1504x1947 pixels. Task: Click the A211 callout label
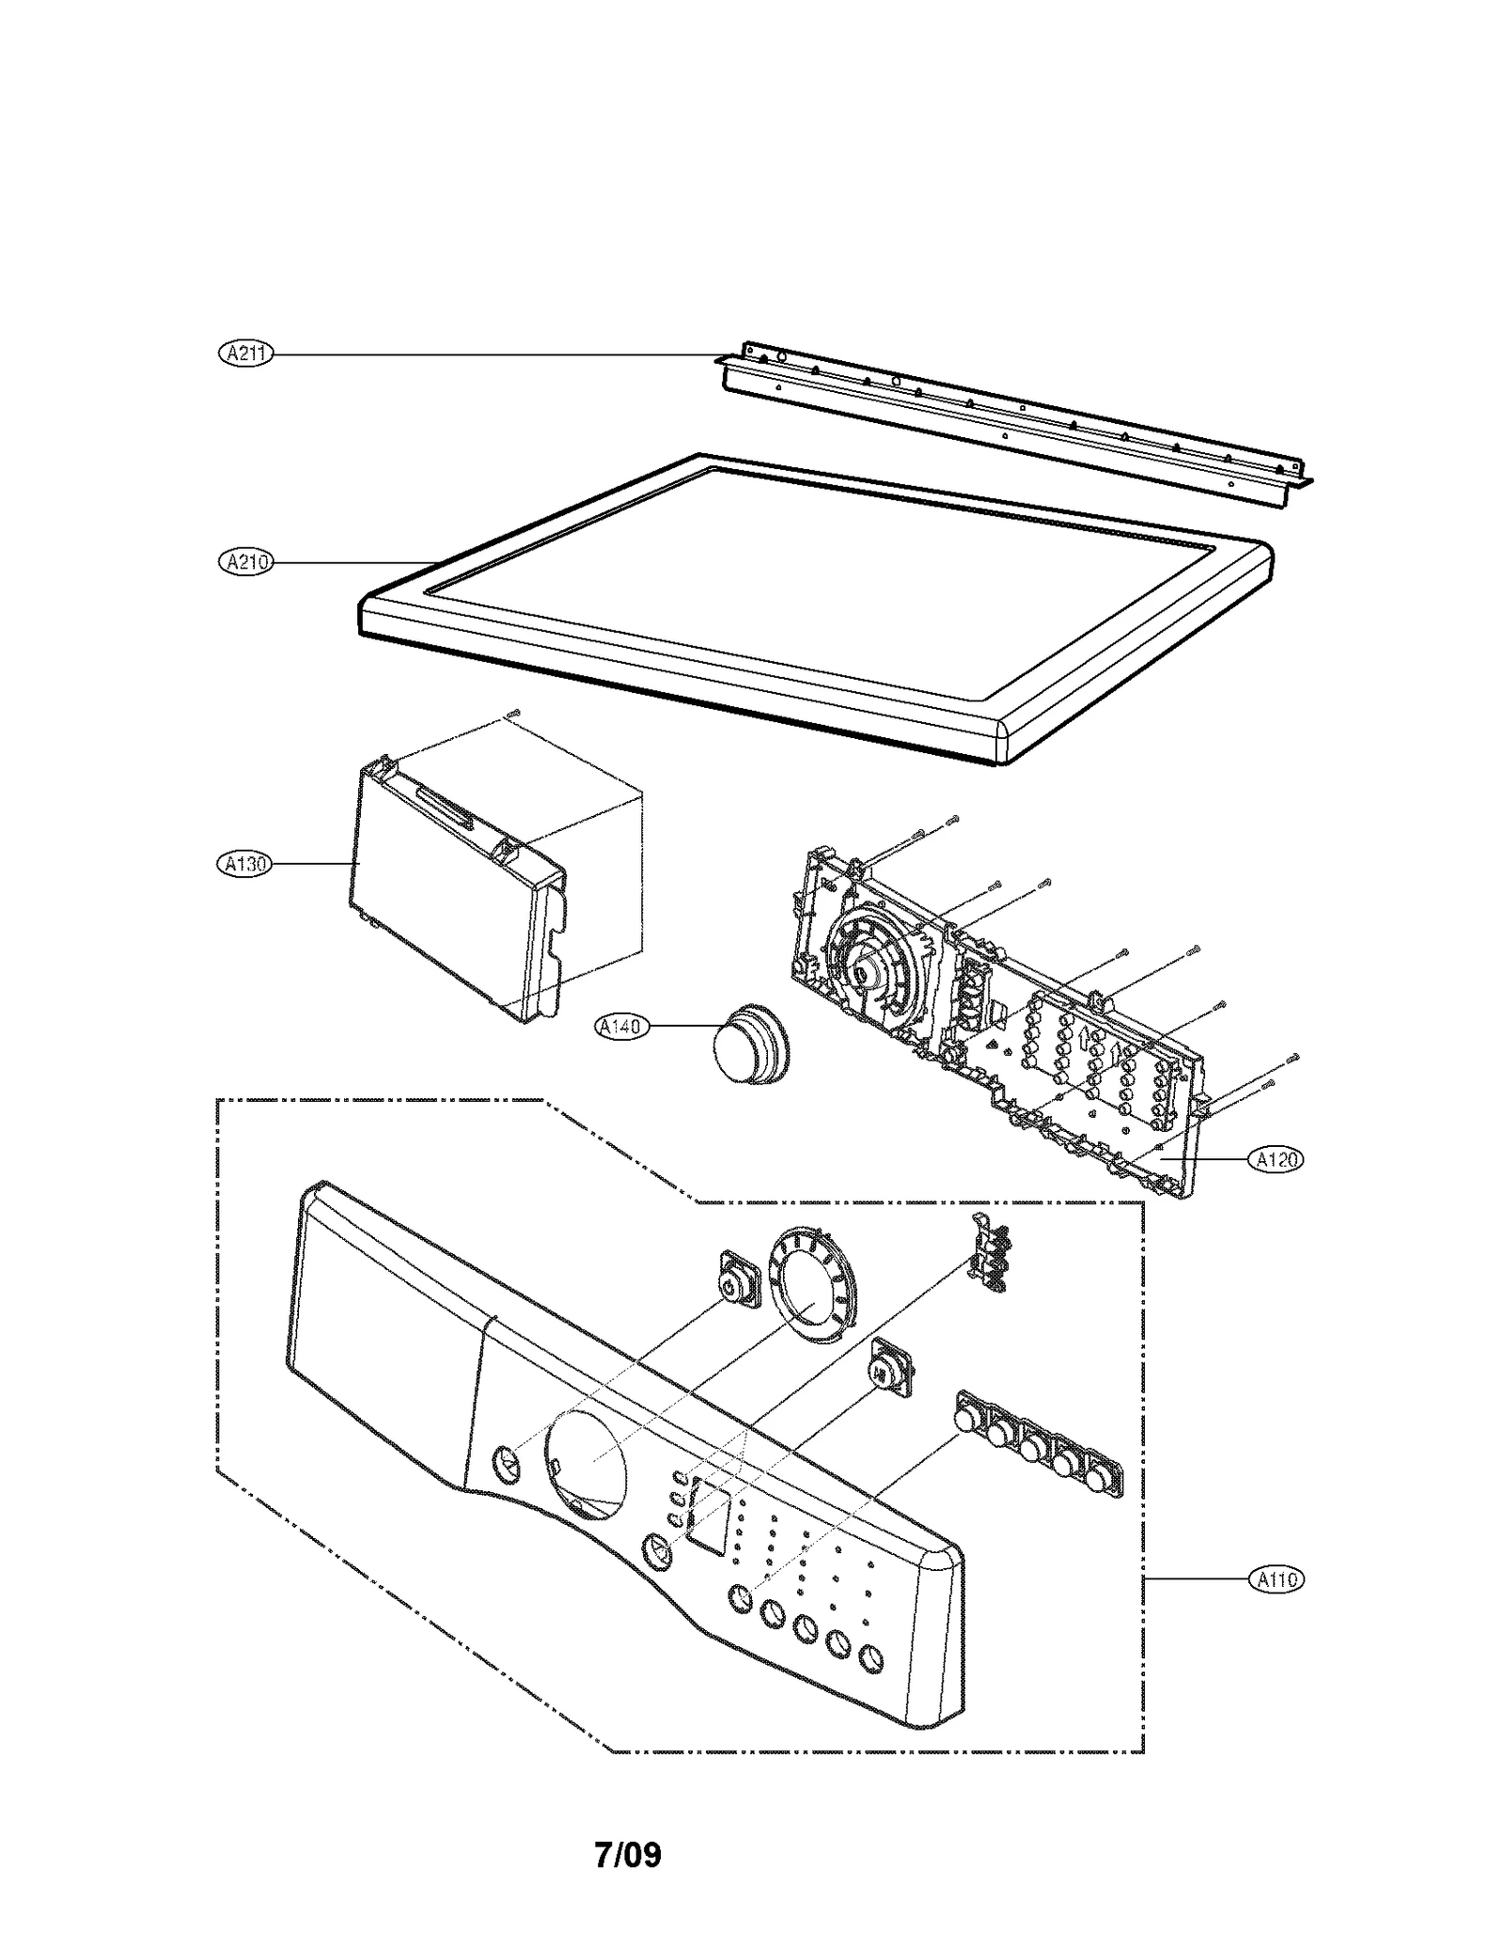tap(245, 354)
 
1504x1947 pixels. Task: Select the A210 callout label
tap(245, 562)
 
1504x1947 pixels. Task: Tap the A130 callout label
tap(243, 863)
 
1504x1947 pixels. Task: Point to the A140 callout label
tap(622, 1026)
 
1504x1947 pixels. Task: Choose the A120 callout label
tap(1276, 1160)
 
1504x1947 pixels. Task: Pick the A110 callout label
tap(1276, 1578)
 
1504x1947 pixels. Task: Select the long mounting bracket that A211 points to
tap(1015, 418)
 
